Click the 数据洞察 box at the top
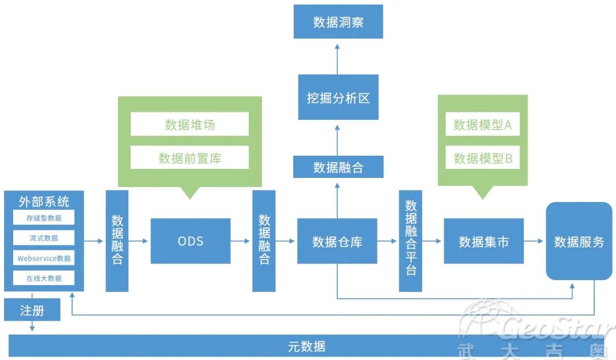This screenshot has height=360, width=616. [x=338, y=22]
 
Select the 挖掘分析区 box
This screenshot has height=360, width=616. [x=338, y=98]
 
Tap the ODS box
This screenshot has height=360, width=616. [x=191, y=241]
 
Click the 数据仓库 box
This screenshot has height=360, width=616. [x=337, y=241]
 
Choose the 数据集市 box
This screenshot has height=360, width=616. [x=484, y=241]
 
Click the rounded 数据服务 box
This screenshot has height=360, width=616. [x=579, y=241]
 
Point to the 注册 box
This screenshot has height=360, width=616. [x=32, y=310]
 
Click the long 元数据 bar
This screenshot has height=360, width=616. [x=307, y=346]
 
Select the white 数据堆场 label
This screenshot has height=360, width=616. [x=190, y=124]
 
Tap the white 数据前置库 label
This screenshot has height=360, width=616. [x=190, y=158]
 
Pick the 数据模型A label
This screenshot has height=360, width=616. [x=483, y=125]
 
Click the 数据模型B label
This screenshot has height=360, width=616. [x=483, y=158]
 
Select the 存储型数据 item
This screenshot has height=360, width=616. [x=44, y=218]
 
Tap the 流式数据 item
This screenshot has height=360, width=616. [x=44, y=238]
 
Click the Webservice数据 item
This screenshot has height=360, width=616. [x=44, y=258]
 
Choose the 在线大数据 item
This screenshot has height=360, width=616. [x=44, y=278]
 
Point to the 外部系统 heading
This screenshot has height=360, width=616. [x=44, y=201]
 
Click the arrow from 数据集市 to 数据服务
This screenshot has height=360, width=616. [x=534, y=241]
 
